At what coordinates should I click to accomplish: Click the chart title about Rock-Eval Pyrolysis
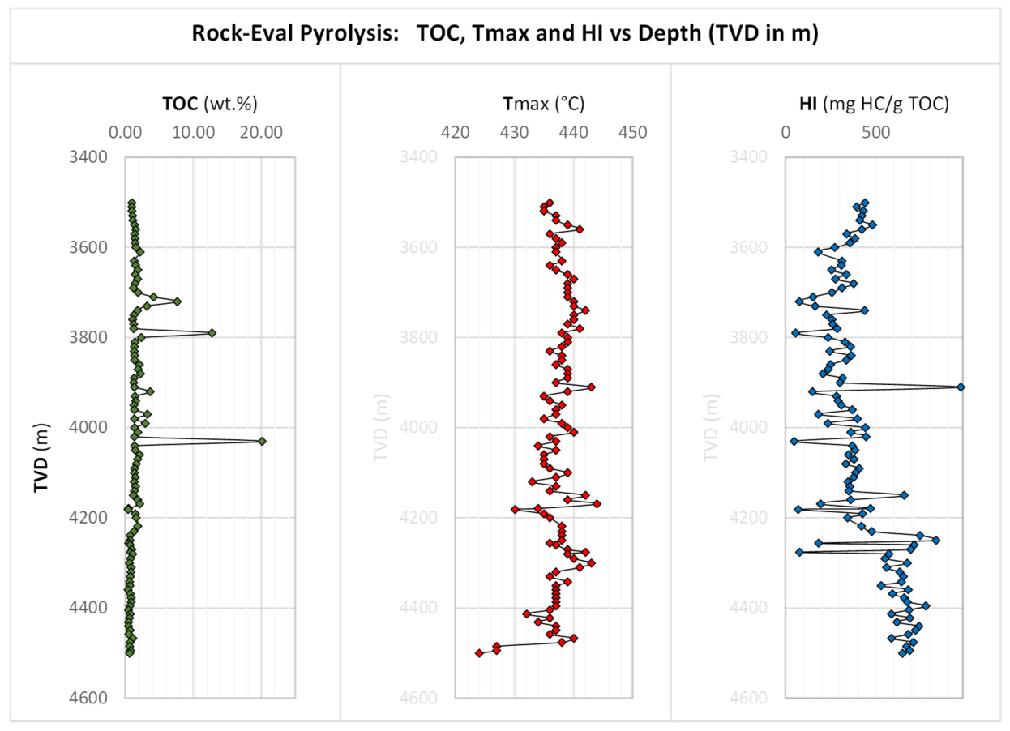(505, 33)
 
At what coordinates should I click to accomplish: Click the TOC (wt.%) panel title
(210, 104)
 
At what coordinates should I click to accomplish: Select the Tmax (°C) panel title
(544, 104)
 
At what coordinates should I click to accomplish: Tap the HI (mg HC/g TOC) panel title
(875, 104)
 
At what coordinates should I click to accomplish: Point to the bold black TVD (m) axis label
(41, 457)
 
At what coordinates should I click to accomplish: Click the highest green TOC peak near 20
(262, 441)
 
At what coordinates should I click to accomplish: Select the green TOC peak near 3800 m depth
(212, 333)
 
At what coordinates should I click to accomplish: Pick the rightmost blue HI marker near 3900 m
(961, 387)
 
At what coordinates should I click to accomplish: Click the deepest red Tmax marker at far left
(479, 653)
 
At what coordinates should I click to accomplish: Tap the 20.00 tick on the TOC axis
(262, 132)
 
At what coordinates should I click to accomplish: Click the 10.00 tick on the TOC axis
(194, 132)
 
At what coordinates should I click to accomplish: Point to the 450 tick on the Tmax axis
(633, 132)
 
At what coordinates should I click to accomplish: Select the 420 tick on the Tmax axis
(456, 132)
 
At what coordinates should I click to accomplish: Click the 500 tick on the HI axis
(876, 132)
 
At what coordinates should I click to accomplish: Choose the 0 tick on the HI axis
(786, 132)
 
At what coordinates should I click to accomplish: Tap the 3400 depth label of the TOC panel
(88, 157)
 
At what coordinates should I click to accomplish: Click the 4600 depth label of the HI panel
(748, 698)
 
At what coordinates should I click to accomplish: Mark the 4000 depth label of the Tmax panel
(418, 427)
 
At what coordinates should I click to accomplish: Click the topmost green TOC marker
(131, 203)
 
